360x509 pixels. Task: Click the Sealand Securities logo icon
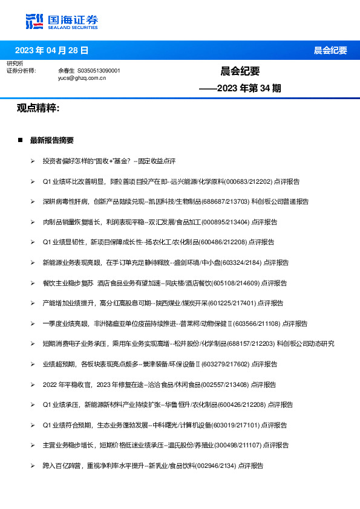pos(34,21)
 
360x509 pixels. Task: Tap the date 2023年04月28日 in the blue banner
pos(51,50)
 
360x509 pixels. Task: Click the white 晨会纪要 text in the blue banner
pos(330,50)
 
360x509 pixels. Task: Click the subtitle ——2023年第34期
pos(240,88)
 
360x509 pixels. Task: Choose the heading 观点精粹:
pos(38,108)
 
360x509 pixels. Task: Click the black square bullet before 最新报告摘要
pos(20,140)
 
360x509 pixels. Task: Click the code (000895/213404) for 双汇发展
pos(227,222)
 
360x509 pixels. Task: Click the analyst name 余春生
pos(66,71)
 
